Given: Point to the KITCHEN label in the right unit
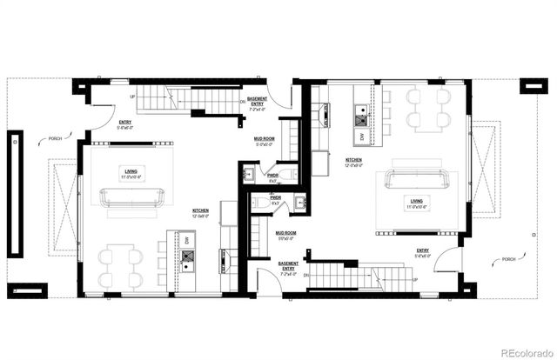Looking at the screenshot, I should [353, 162].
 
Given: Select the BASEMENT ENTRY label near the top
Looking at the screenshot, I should [258, 103].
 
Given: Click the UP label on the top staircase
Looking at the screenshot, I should [131, 97].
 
